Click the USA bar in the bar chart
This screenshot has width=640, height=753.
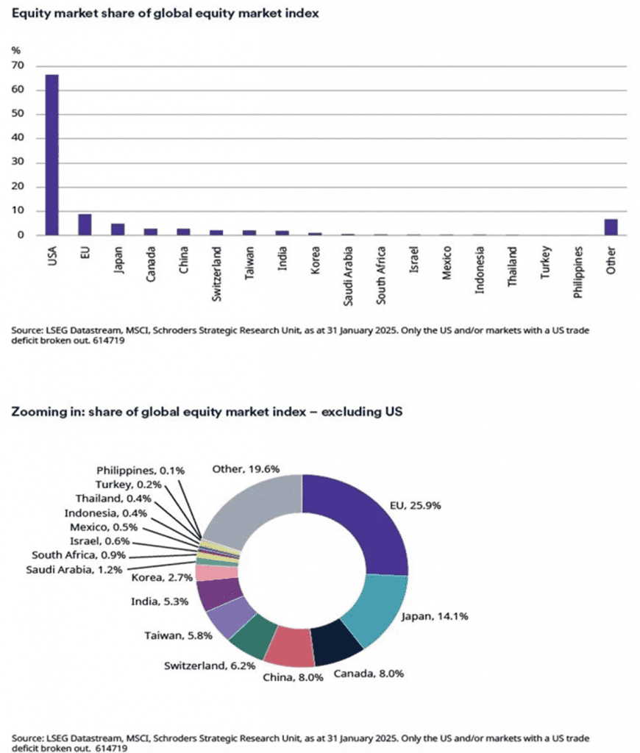(x=51, y=154)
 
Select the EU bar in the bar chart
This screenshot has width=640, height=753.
(x=85, y=224)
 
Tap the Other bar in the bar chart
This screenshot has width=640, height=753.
(x=611, y=227)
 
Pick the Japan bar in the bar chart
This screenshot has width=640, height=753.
(x=117, y=229)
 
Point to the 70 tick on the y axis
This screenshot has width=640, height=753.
(x=18, y=66)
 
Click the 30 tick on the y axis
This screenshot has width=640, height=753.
(x=18, y=163)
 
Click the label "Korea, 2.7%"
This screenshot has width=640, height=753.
(x=163, y=577)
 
